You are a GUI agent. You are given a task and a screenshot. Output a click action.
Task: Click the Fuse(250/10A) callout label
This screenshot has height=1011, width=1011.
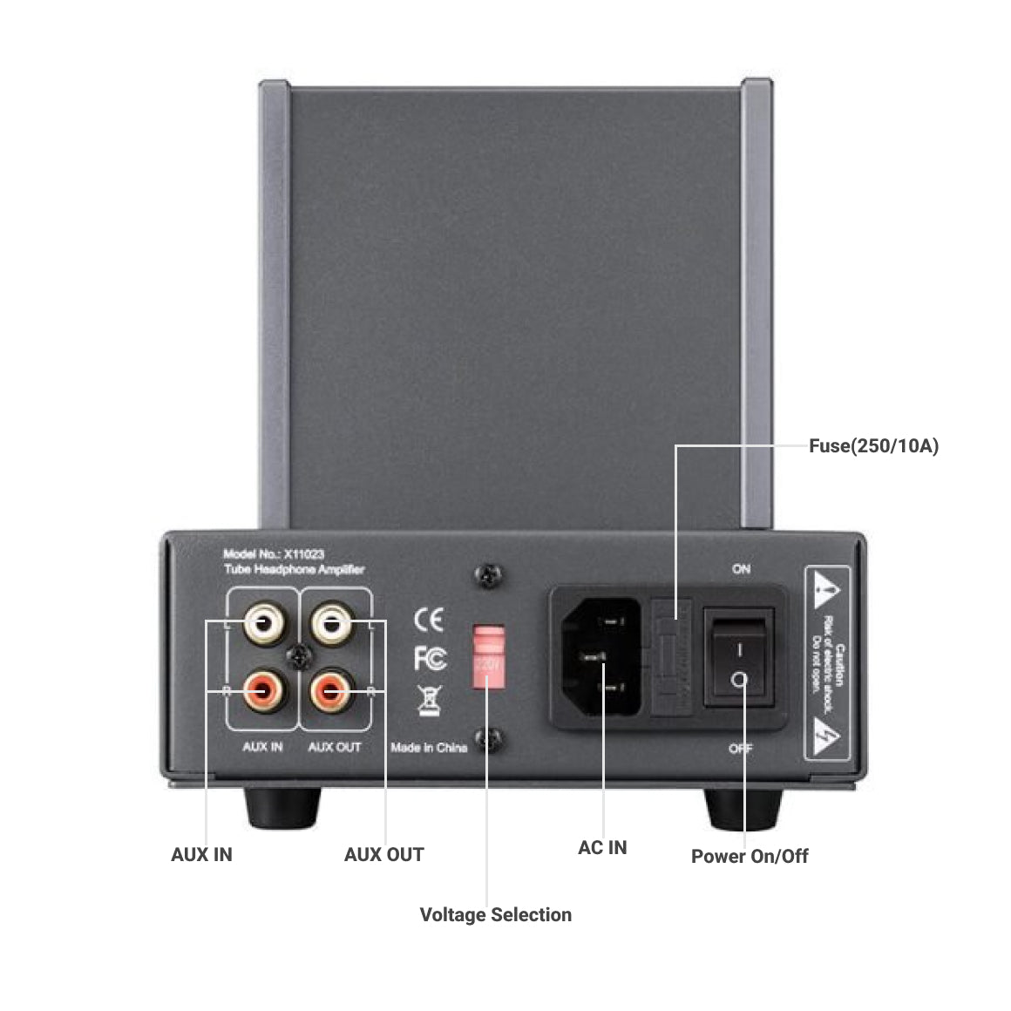pyautogui.click(x=873, y=446)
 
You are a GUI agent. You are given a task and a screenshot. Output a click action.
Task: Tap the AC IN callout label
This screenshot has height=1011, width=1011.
pyautogui.click(x=602, y=847)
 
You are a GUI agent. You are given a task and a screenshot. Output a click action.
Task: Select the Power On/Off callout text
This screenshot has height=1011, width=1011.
pyautogui.click(x=750, y=856)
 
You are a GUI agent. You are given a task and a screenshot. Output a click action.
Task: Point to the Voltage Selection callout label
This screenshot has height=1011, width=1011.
pyautogui.click(x=495, y=914)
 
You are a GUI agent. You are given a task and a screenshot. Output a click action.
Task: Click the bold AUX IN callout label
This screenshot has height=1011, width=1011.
pyautogui.click(x=201, y=854)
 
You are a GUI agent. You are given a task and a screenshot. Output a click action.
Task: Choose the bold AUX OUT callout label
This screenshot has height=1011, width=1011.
pyautogui.click(x=383, y=854)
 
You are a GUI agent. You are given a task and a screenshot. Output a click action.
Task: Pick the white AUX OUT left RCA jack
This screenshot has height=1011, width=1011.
pyautogui.click(x=331, y=623)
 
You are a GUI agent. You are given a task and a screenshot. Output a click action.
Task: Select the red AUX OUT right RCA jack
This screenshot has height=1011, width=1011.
pyautogui.click(x=331, y=691)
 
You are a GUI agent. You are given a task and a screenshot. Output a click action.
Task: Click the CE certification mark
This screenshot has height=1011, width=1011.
pyautogui.click(x=429, y=620)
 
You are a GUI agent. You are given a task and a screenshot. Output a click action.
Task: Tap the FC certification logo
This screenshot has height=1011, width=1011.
pyautogui.click(x=430, y=659)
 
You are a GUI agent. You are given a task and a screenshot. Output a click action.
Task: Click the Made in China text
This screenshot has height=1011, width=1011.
pyautogui.click(x=429, y=747)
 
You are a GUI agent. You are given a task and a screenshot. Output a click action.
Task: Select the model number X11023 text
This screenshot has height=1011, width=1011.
pyautogui.click(x=274, y=554)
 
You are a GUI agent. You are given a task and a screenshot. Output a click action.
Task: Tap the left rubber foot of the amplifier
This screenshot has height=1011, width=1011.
pyautogui.click(x=282, y=808)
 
